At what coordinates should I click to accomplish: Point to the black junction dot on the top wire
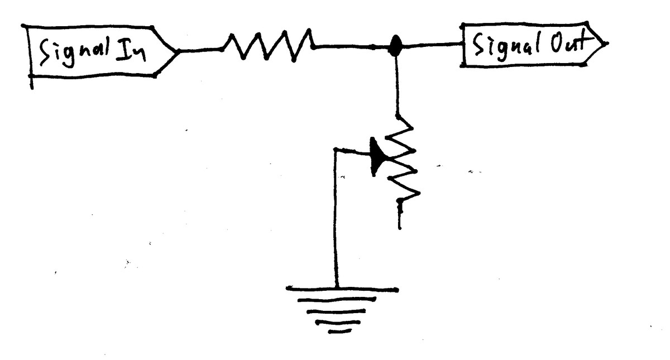pos(396,46)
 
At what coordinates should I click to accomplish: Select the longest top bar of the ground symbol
pos(342,290)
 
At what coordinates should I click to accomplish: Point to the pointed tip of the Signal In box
pos(179,51)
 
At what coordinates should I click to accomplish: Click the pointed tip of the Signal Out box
pos(606,43)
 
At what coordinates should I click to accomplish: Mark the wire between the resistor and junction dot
pos(352,47)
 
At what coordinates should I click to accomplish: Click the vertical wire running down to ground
pos(336,223)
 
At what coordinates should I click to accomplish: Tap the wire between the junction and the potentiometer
pos(397,84)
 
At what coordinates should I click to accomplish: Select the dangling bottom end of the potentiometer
pos(400,218)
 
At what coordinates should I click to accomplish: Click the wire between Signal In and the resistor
pos(201,50)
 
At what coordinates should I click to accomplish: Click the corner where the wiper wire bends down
pos(336,150)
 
